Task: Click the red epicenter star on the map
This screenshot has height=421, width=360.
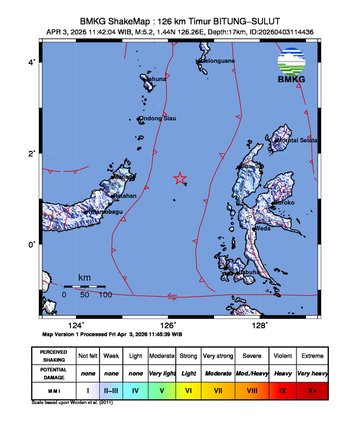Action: pos(180,179)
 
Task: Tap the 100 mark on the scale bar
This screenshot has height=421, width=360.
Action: pos(105,295)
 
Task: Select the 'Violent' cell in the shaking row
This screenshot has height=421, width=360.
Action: pos(284,356)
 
